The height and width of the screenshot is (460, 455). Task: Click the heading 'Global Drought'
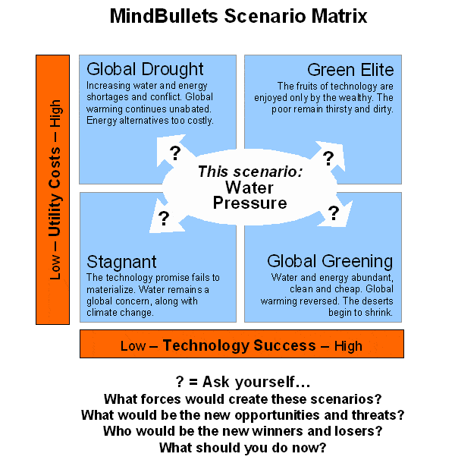(x=145, y=70)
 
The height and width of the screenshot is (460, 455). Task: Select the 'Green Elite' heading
(x=350, y=70)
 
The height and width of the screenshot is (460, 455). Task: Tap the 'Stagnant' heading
(x=121, y=262)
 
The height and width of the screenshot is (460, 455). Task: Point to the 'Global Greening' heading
(x=330, y=261)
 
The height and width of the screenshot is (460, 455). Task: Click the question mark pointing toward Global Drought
(x=175, y=153)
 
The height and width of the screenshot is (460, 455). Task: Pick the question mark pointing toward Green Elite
(x=328, y=158)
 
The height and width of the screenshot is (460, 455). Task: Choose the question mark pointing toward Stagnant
(x=164, y=218)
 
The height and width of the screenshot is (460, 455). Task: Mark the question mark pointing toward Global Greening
(x=334, y=213)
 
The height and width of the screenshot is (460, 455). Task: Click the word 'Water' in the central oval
(x=249, y=187)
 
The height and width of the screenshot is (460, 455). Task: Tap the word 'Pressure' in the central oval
(x=249, y=203)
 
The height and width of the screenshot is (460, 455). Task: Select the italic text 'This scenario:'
(x=250, y=172)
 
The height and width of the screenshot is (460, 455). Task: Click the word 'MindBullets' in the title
(x=164, y=16)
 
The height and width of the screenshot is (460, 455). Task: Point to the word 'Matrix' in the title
(x=339, y=16)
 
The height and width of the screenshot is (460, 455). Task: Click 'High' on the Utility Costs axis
(x=55, y=113)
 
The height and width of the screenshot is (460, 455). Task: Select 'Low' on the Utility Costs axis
(x=55, y=267)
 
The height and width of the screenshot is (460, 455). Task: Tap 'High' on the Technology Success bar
(x=348, y=346)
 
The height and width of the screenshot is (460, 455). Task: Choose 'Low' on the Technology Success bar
(x=133, y=346)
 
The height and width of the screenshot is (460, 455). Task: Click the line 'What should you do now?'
(x=243, y=448)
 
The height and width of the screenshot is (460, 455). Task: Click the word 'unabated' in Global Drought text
(x=190, y=109)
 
